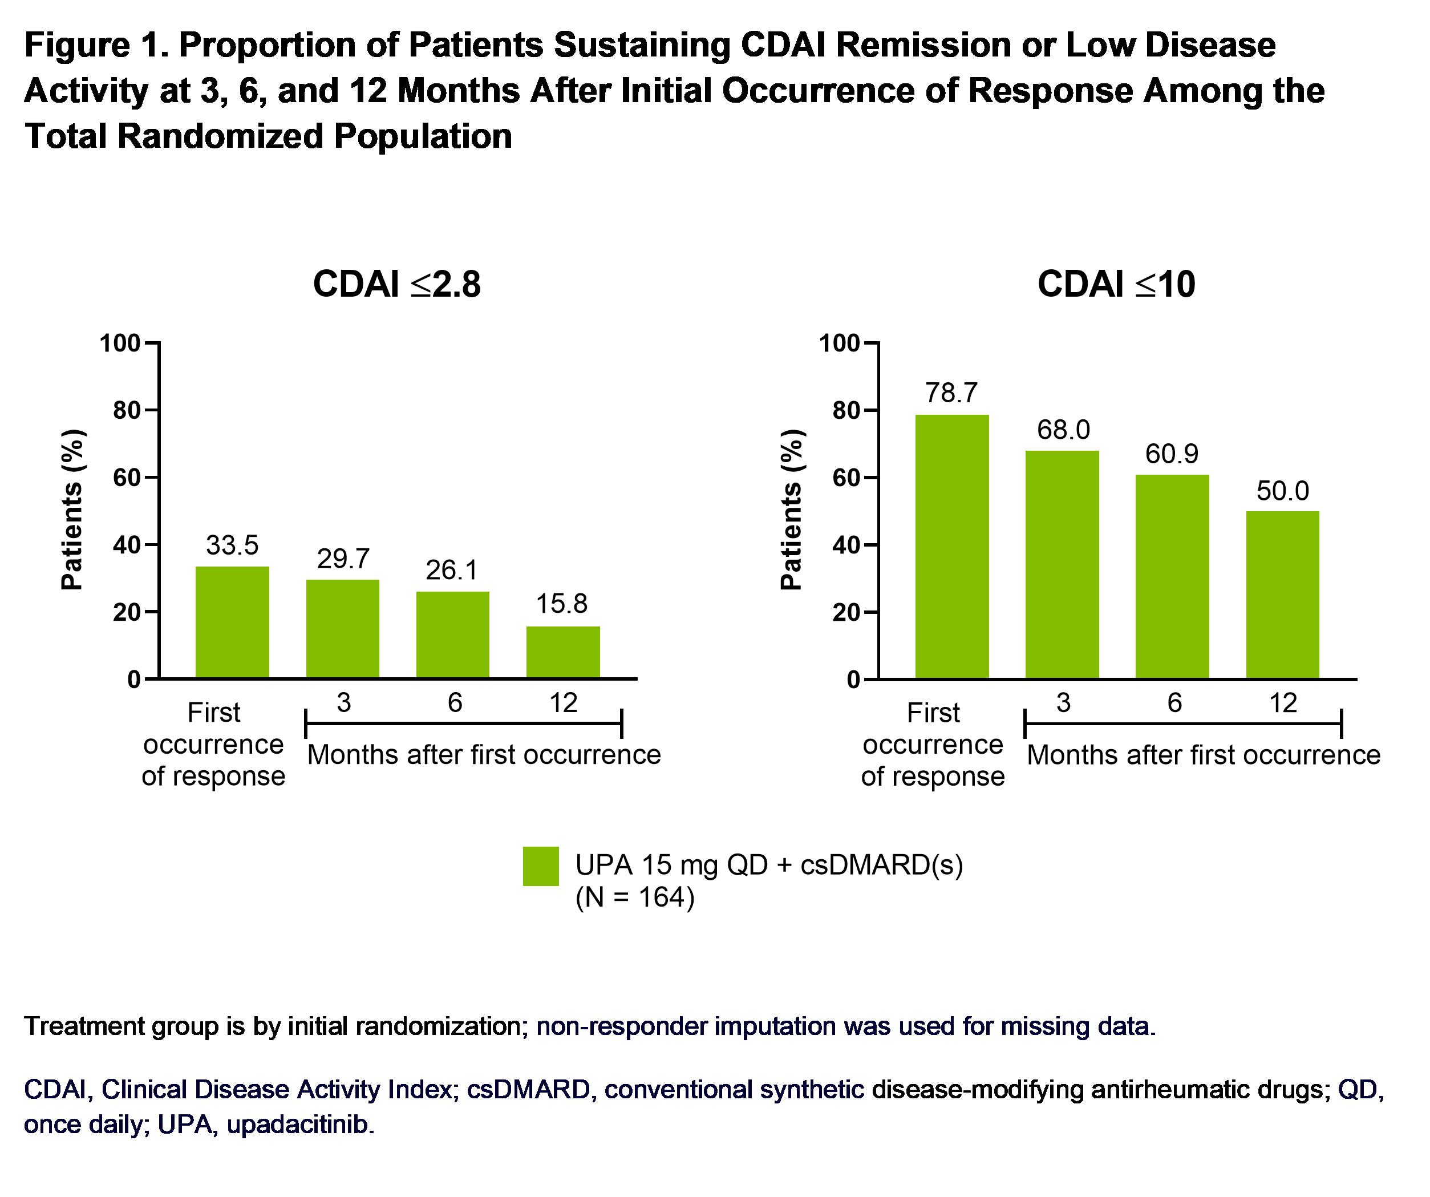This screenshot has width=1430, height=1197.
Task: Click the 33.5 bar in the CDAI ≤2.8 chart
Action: pos(232,622)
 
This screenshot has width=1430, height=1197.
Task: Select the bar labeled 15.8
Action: pos(562,652)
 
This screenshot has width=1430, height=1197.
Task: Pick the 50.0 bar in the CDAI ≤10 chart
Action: pos(1282,595)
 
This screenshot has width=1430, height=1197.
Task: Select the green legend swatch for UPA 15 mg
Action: pos(541,866)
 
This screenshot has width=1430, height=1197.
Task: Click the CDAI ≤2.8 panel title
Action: pos(396,284)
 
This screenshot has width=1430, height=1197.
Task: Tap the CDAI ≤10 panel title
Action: pos(1116,284)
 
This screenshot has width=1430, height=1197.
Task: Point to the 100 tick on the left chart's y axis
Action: pos(120,343)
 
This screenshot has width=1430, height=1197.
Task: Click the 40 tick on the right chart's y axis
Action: pos(846,545)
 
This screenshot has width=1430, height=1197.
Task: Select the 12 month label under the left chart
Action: pos(563,702)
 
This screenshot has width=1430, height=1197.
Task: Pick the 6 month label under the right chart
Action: pos(1174,702)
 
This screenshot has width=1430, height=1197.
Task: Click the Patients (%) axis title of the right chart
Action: pos(791,509)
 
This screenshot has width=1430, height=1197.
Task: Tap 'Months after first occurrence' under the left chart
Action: pos(484,755)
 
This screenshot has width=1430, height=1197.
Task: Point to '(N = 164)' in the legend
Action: pos(635,898)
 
